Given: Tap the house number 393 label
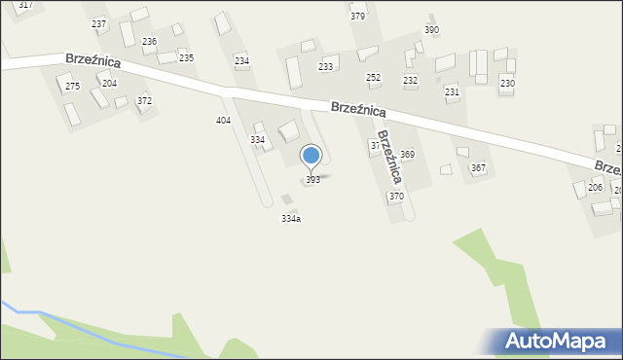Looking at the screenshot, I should (x=312, y=180).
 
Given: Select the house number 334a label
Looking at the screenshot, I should (x=291, y=219).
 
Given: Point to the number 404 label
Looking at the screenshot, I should (x=223, y=120).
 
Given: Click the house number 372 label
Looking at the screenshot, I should (x=144, y=101).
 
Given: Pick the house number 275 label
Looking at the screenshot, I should (x=72, y=88).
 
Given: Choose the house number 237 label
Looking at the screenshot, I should (x=98, y=23).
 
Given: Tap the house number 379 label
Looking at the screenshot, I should (x=357, y=17).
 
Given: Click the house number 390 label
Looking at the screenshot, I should (x=431, y=30).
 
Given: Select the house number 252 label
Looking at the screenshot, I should (x=373, y=77).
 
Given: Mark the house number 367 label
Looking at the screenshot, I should (x=478, y=168).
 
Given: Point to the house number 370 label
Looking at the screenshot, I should (x=396, y=197).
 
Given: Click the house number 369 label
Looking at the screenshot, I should (x=407, y=155).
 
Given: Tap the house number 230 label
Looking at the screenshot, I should (x=507, y=84).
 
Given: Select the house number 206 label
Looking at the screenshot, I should (x=595, y=188).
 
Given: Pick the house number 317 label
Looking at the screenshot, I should (x=25, y=5).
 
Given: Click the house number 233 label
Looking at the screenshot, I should (x=326, y=66).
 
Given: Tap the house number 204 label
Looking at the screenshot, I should (x=109, y=84).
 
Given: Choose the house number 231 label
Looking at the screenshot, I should (x=452, y=91).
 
